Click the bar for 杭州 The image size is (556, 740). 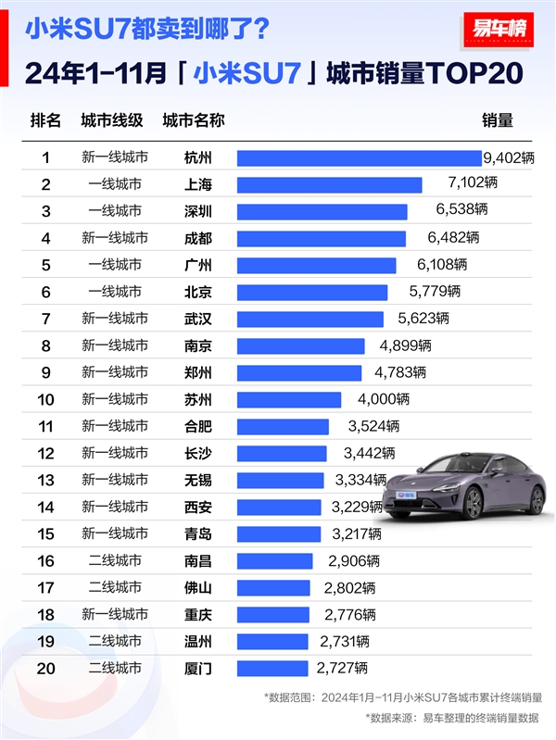pyautogui.click(x=359, y=158)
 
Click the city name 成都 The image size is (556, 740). pyautogui.click(x=198, y=238)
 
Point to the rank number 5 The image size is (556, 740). pyautogui.click(x=45, y=265)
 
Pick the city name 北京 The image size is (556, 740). pyautogui.click(x=198, y=292)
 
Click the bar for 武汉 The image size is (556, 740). pyautogui.click(x=310, y=319)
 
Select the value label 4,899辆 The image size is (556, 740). pyautogui.click(x=405, y=345)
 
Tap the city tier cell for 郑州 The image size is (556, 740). pyautogui.click(x=115, y=372)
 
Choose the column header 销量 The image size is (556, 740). pyautogui.click(x=497, y=120)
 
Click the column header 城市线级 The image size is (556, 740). pyautogui.click(x=112, y=120)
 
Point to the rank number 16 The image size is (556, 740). pyautogui.click(x=45, y=560)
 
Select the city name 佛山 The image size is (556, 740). pyautogui.click(x=198, y=587)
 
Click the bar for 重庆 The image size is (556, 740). pyautogui.click(x=274, y=614)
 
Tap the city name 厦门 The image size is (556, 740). pyautogui.click(x=198, y=668)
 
